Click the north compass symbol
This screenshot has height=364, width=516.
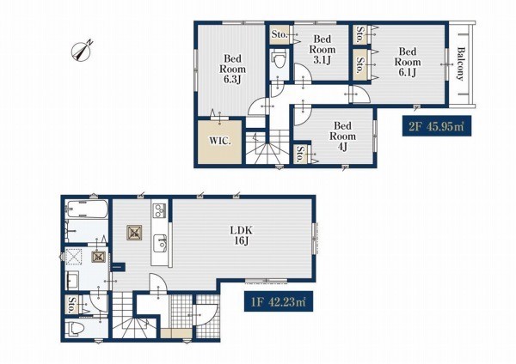pyautogui.click(x=82, y=52)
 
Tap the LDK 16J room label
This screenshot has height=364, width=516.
pyautogui.click(x=241, y=235)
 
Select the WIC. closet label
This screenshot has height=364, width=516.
pyautogui.click(x=220, y=142)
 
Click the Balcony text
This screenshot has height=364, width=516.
pyautogui.click(x=461, y=64)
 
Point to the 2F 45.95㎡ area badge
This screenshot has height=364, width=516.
pyautogui.click(x=437, y=126)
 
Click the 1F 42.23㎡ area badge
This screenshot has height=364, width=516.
pyautogui.click(x=279, y=301)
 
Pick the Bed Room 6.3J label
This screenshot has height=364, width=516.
pyautogui.click(x=232, y=69)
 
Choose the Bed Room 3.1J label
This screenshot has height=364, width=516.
pyautogui.click(x=322, y=50)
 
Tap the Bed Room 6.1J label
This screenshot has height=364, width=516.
pyautogui.click(x=408, y=62)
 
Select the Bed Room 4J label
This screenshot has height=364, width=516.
pyautogui.click(x=342, y=136)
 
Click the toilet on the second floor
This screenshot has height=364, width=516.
pyautogui.click(x=279, y=60)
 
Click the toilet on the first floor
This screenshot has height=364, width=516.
pyautogui.click(x=73, y=328)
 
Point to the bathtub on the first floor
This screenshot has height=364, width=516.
pyautogui.click(x=87, y=209)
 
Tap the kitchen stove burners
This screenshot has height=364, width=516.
pyautogui.click(x=160, y=210)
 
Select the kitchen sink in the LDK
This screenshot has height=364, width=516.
pyautogui.click(x=160, y=243)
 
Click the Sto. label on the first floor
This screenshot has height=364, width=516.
pyautogui.click(x=71, y=305)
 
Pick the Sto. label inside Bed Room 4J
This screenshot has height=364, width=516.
pyautogui.click(x=300, y=154)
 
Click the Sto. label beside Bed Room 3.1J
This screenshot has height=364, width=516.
pyautogui.click(x=279, y=34)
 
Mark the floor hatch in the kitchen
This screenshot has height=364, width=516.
pyautogui.click(x=134, y=233)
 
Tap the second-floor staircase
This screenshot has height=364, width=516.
pyautogui.click(x=267, y=147)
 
